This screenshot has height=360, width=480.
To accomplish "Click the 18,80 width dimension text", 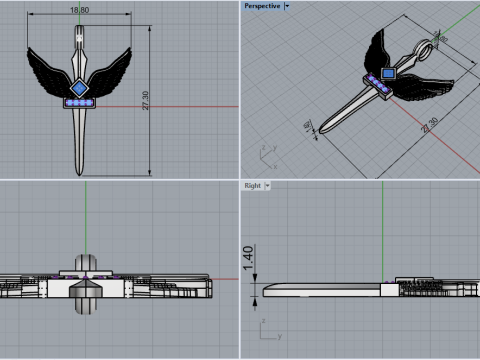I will [79, 10].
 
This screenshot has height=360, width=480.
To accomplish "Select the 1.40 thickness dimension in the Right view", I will [247, 261].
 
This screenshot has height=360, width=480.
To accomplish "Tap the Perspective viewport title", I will [262, 5].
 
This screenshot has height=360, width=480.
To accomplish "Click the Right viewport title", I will [252, 185].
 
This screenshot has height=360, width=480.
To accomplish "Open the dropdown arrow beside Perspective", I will [286, 5].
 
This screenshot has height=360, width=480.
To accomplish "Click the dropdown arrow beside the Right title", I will [268, 185].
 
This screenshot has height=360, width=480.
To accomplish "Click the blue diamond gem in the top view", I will [79, 88].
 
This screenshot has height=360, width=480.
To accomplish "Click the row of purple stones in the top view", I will [78, 102].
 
